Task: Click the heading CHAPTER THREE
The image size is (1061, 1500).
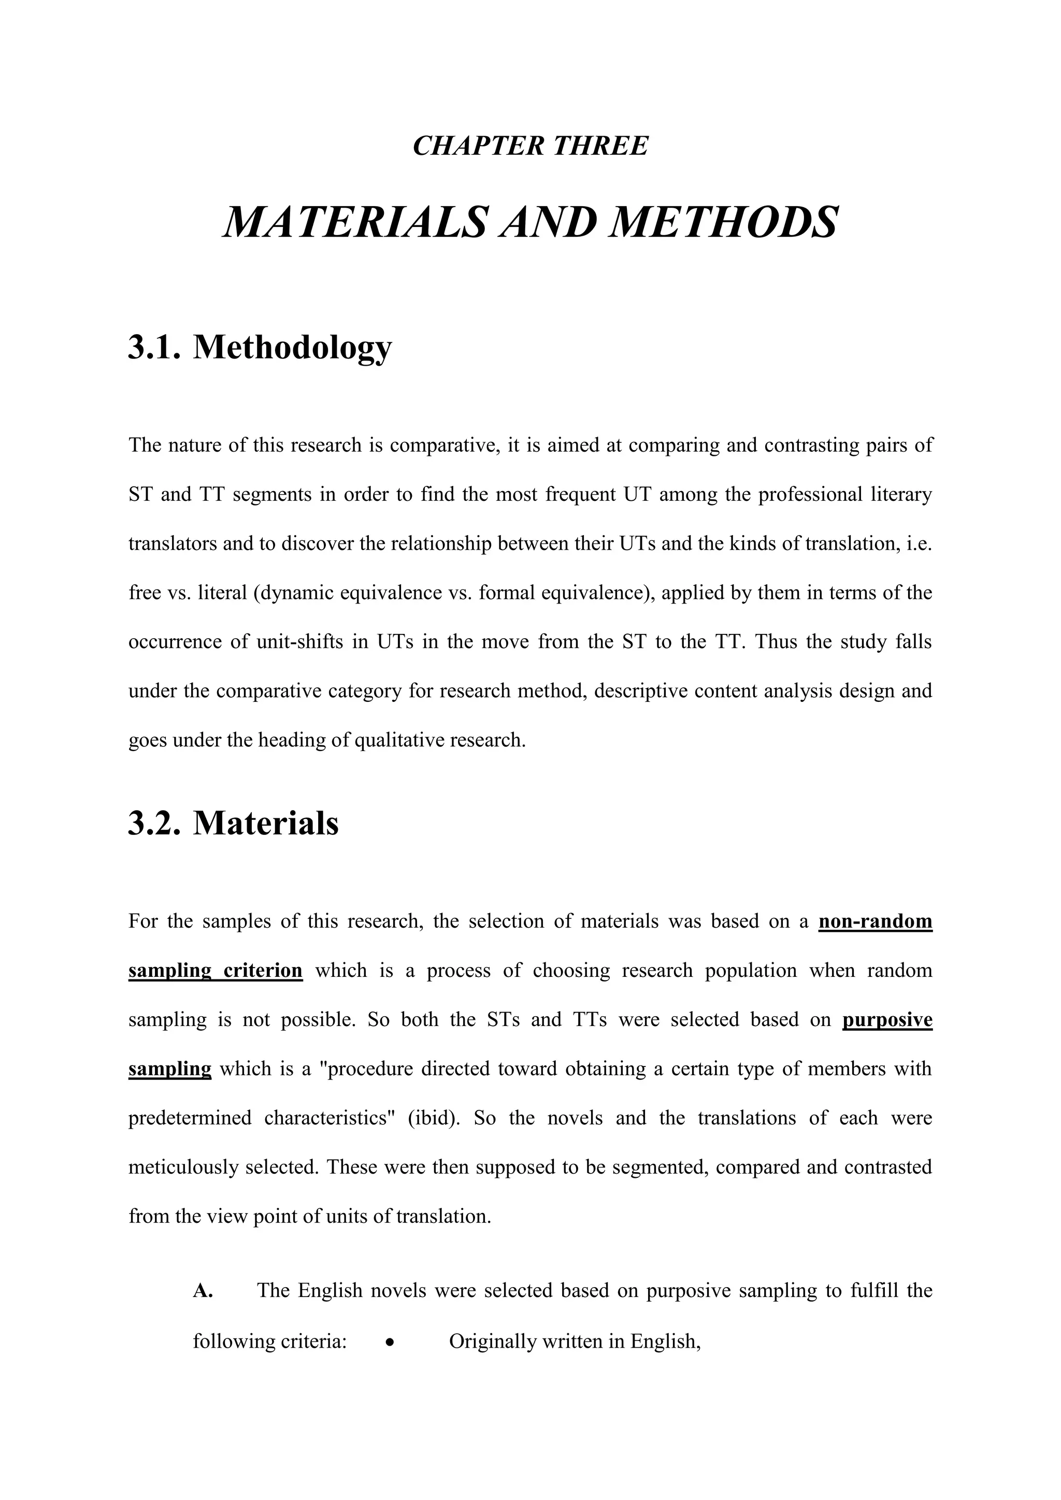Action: tap(530, 145)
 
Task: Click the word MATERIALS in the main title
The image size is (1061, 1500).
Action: tap(355, 222)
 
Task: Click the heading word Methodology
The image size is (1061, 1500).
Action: tap(292, 348)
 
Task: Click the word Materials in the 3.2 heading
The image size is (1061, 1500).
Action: tap(266, 823)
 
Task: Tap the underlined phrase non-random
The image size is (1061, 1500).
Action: tap(875, 921)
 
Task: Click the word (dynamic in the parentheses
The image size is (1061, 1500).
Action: tap(295, 593)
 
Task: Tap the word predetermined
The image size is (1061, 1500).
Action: tap(190, 1118)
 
